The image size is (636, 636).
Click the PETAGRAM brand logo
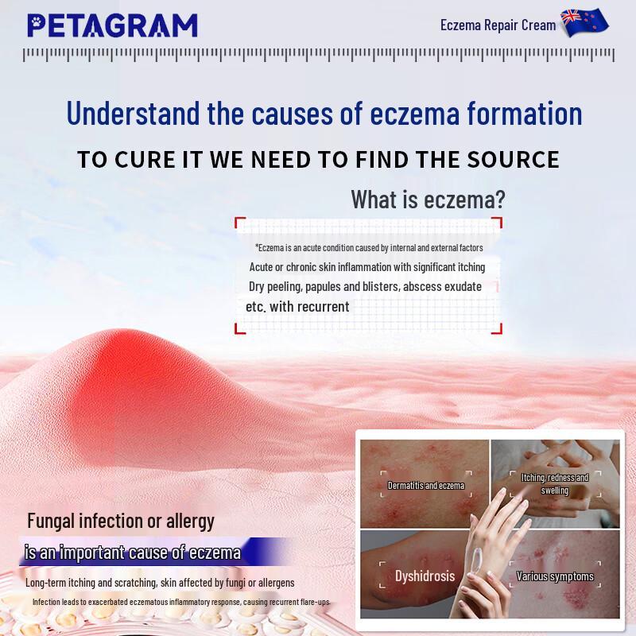pos(112,25)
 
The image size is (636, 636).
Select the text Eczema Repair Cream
pos(498,25)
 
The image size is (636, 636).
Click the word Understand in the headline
pos(133,113)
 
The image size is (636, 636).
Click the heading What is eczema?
pos(428,200)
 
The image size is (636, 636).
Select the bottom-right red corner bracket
pos(496,326)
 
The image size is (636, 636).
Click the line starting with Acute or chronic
pos(366,267)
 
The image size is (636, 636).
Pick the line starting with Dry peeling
pos(365,286)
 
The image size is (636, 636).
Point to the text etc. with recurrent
pos(297,306)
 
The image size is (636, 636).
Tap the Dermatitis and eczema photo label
pos(425,485)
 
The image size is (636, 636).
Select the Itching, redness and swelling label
pos(554,484)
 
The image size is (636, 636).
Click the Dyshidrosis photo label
pos(425,576)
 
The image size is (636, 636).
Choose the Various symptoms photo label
pos(554,576)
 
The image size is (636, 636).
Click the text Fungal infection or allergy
pos(121,522)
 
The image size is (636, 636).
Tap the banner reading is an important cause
pos(133,552)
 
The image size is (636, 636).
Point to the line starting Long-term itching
pos(160,583)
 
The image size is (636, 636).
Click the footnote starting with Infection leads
pos(180,603)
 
